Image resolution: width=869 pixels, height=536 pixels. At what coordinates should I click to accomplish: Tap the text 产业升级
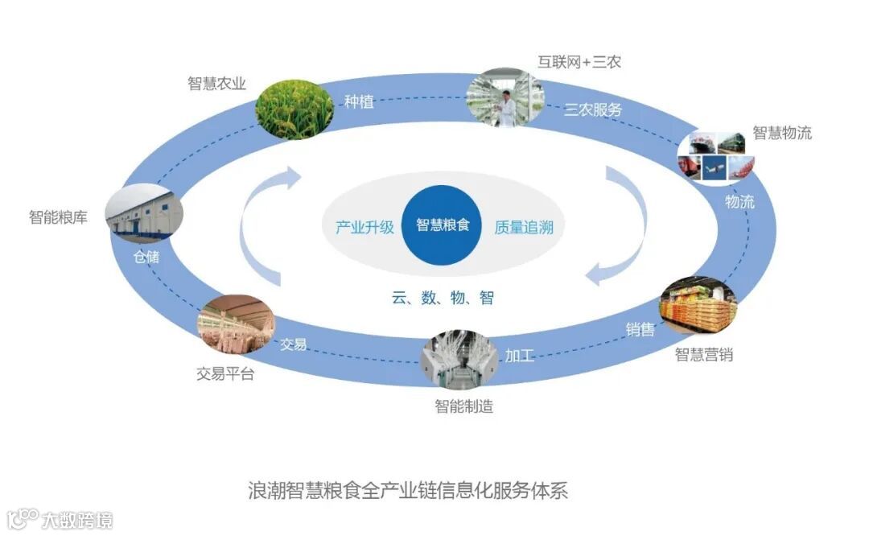click(364, 227)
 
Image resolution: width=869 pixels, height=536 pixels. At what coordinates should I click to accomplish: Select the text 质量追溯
click(524, 227)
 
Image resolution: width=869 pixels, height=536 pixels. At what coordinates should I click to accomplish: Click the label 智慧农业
click(216, 84)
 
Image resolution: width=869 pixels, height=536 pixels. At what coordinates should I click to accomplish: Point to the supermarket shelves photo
click(698, 307)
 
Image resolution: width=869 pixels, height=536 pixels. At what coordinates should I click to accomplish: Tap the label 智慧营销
click(703, 354)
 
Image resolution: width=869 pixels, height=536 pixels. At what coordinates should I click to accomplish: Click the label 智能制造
click(463, 406)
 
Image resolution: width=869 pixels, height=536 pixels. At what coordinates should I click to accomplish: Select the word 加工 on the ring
click(519, 355)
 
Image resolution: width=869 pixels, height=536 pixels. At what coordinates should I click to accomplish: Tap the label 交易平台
click(224, 374)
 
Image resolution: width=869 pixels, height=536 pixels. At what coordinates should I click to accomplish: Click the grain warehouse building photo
click(145, 211)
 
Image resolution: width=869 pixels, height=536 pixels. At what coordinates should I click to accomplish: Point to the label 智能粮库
click(58, 217)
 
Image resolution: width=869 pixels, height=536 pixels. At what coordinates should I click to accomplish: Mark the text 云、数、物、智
click(443, 299)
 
